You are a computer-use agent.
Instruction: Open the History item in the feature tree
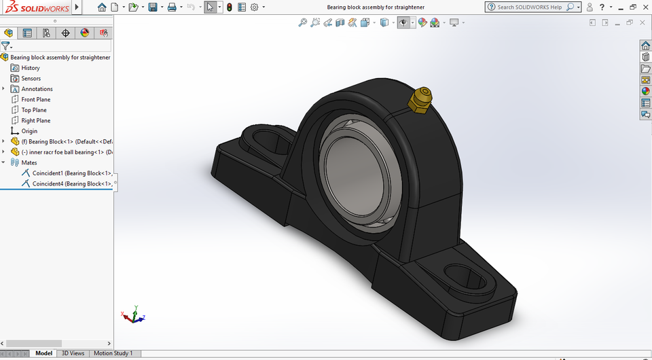31,68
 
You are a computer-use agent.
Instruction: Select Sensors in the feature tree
31,79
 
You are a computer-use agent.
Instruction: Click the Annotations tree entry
37,89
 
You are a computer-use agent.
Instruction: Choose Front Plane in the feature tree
35,100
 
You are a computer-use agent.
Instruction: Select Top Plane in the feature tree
34,110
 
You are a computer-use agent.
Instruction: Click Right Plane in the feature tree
35,121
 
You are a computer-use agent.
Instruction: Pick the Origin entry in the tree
29,131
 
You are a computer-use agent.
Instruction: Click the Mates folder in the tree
29,163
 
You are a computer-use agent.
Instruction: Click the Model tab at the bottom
43,353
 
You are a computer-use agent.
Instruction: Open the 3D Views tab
73,353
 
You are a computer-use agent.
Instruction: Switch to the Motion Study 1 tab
113,353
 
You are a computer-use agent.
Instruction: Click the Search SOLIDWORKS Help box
529,7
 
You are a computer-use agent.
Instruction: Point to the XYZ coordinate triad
134,315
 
